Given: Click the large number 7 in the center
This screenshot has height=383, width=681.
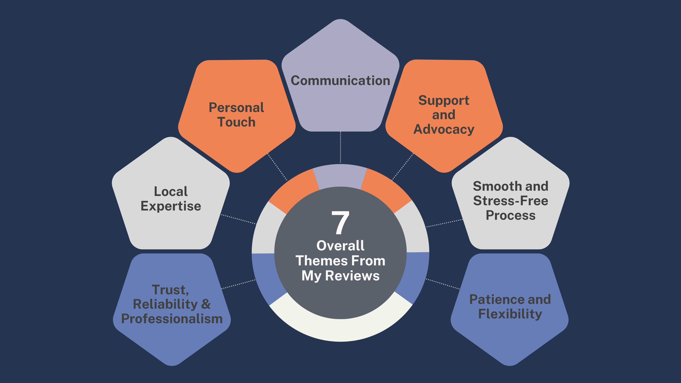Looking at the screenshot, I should [x=340, y=223].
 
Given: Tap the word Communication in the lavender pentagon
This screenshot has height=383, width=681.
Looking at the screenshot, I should [x=340, y=81].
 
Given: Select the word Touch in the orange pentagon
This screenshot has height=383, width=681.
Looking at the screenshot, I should [x=236, y=122].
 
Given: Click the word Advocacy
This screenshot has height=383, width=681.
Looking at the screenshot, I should [x=444, y=129].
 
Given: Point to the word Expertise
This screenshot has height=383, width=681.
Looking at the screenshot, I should [x=171, y=206].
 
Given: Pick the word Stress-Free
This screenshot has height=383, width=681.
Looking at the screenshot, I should [x=510, y=201].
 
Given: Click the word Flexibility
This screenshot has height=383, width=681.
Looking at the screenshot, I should [x=510, y=314].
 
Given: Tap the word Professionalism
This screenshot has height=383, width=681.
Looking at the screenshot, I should [x=172, y=319].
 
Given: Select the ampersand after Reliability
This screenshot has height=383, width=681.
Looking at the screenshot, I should [x=206, y=304].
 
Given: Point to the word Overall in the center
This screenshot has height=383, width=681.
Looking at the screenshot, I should [x=340, y=246].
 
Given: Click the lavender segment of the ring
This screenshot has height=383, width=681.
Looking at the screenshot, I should [x=340, y=176].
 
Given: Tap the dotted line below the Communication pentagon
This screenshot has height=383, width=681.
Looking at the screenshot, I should [x=340, y=147].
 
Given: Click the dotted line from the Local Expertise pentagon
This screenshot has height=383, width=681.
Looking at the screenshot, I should [x=239, y=219].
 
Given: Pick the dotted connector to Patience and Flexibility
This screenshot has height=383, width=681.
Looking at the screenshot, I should [x=443, y=284].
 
